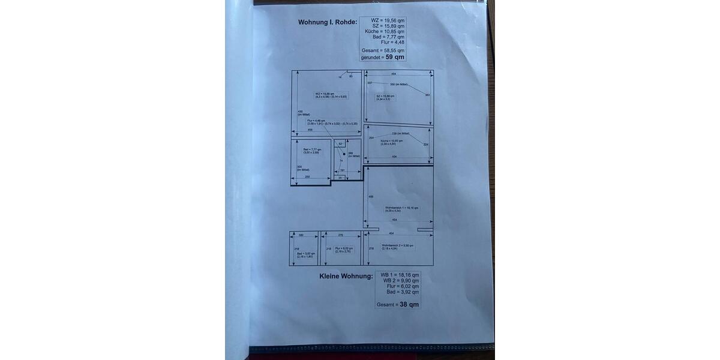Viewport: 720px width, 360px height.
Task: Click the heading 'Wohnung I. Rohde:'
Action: click(x=328, y=22)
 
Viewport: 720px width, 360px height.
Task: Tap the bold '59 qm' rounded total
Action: click(x=395, y=57)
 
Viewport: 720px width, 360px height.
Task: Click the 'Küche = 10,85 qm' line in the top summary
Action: click(x=385, y=31)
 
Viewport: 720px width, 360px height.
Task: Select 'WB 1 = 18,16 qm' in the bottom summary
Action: click(x=400, y=275)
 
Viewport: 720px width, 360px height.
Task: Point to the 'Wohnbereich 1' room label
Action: click(x=401, y=208)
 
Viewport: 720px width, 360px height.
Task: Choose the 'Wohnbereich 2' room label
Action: click(x=397, y=245)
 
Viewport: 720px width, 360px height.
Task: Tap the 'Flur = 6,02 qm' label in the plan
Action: click(x=344, y=248)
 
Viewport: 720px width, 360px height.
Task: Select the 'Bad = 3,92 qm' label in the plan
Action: click(x=305, y=254)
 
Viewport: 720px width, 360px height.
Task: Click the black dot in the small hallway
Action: click(x=344, y=154)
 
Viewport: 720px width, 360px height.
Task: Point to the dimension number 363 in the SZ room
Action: click(x=427, y=95)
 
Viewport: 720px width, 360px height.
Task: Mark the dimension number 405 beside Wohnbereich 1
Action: click(x=371, y=196)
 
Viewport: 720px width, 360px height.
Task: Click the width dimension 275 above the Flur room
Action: click(x=340, y=235)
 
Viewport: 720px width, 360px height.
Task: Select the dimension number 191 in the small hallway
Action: click(x=342, y=170)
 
